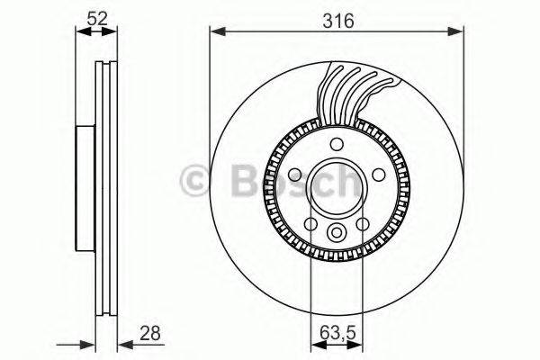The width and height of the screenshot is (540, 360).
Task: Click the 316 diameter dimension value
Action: [x=337, y=18]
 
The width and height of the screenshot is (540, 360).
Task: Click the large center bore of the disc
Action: [x=337, y=189]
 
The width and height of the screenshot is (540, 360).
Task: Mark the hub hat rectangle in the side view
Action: [x=84, y=189]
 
